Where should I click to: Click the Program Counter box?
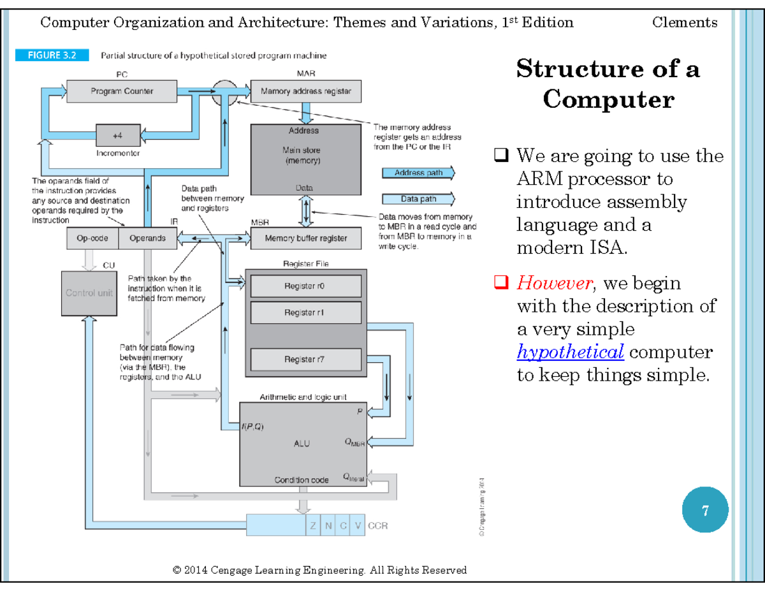pos(121,91)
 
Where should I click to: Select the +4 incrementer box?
pos(117,135)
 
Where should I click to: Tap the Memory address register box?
pos(305,91)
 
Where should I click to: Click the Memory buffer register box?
pos(305,238)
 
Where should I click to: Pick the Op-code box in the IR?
pos(92,238)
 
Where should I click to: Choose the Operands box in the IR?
pos(147,238)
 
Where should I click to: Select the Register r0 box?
pos(305,286)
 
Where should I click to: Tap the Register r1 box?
pos(305,312)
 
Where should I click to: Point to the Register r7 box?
pos(305,360)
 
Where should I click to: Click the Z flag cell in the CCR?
pos(313,526)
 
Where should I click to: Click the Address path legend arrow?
pos(418,173)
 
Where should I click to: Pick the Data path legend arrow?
pos(418,199)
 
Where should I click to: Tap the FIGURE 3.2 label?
pos(52,55)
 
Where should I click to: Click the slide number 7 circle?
pos(705,511)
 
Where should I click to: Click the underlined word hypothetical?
pos(570,352)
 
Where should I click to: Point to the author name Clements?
pos(685,23)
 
